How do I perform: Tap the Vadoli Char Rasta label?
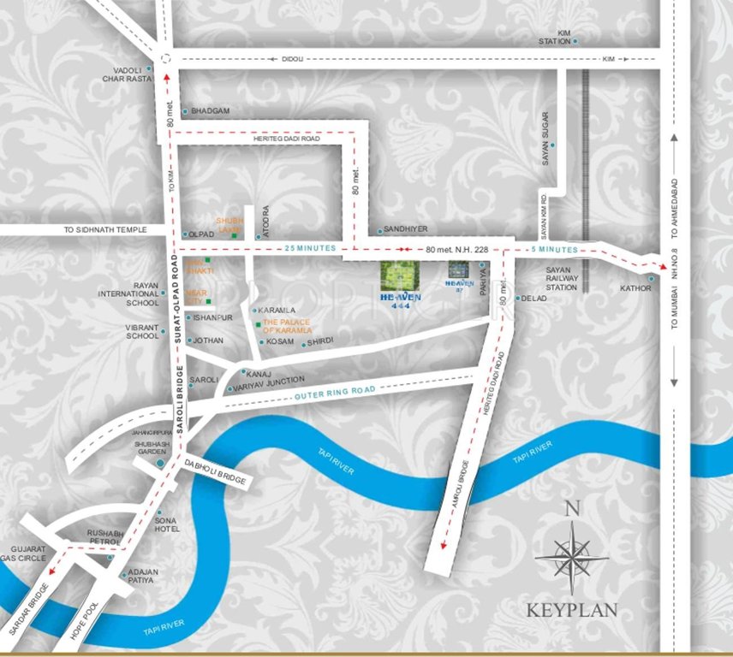point(131,75)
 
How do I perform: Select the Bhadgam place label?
point(211,111)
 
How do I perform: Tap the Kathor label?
point(635,288)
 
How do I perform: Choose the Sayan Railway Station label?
point(562,279)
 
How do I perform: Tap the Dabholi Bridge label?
point(215,471)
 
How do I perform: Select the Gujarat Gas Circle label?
point(28,553)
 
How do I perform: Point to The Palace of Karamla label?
point(287,325)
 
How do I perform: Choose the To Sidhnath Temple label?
point(104,230)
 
